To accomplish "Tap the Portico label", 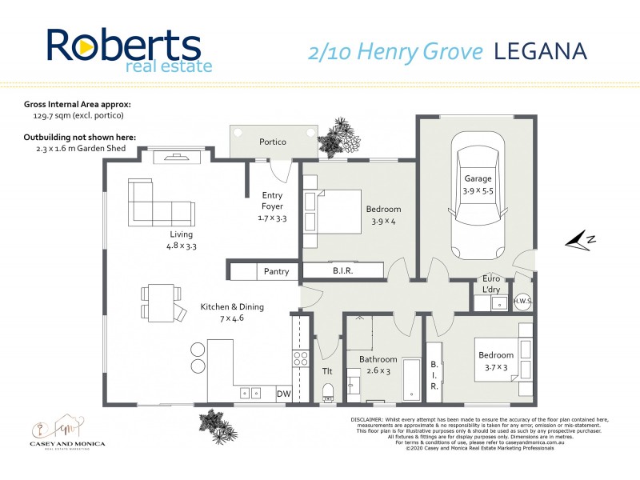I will (x=273, y=142).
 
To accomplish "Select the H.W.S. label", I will (x=522, y=301).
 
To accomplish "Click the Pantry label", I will (x=276, y=272).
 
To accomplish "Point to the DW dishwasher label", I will (x=283, y=394).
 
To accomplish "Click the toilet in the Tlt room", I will (x=326, y=390).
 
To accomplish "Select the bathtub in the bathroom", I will (x=410, y=380).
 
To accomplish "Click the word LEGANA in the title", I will (x=540, y=51).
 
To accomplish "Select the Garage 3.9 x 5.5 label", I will (x=478, y=185).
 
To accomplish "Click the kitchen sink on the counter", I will (x=251, y=393).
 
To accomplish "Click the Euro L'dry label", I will (x=490, y=284).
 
